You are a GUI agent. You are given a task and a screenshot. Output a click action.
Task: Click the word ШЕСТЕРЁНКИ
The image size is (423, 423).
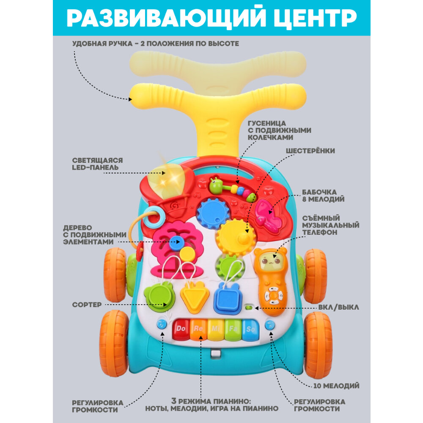coord(310,151)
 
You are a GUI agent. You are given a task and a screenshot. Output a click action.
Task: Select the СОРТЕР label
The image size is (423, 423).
coord(87,305)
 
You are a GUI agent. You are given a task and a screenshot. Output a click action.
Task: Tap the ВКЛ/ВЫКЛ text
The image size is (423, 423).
coord(338,308)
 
